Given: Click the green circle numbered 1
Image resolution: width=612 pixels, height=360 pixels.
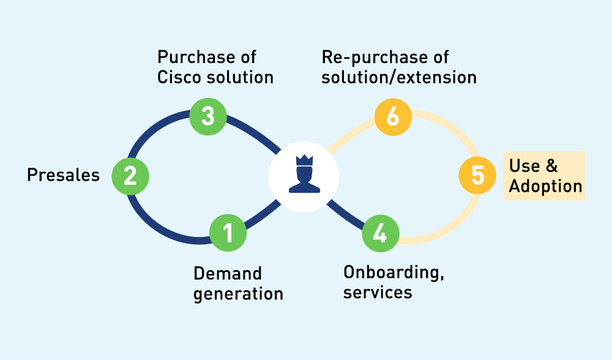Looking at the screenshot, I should coord(228,233).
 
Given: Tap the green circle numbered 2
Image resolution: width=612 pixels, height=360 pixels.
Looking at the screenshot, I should coord(130,176).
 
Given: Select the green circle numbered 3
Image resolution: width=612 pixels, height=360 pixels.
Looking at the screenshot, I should coord(208,116).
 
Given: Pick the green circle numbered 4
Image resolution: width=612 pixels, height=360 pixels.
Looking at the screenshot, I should coord(380,233).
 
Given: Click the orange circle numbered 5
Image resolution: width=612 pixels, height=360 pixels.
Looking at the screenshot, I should coord(478,176).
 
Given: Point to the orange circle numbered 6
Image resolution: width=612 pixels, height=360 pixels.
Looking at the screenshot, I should coord(393,116).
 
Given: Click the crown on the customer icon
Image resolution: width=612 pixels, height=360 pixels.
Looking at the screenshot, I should coord(304,161).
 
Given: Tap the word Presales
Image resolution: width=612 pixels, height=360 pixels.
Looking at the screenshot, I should coord(63,176).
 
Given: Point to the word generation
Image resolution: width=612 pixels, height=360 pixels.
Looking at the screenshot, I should coord(239,294).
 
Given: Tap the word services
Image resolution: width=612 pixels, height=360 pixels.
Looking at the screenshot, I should coord(378,292).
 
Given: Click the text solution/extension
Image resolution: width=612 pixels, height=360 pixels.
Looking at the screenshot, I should coord(399,78).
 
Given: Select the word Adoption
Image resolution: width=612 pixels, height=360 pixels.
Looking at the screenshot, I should coord(545,186).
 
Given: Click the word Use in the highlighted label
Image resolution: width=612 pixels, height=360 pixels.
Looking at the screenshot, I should coord(524,166).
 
